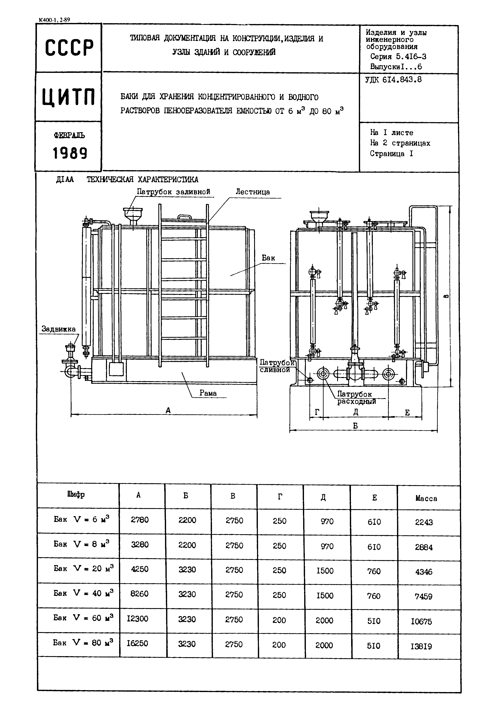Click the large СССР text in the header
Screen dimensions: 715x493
tap(69, 48)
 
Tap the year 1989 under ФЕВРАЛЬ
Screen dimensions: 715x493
tap(70, 153)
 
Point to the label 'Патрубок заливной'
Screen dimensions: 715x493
tap(173, 192)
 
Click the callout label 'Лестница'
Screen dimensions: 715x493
tap(253, 192)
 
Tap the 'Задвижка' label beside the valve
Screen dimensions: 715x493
tap(58, 329)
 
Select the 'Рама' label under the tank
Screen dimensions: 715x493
tap(208, 393)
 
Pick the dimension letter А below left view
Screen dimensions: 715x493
tap(168, 410)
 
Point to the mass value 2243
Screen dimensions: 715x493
tap(424, 522)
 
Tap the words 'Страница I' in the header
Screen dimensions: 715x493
tap(391, 154)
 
